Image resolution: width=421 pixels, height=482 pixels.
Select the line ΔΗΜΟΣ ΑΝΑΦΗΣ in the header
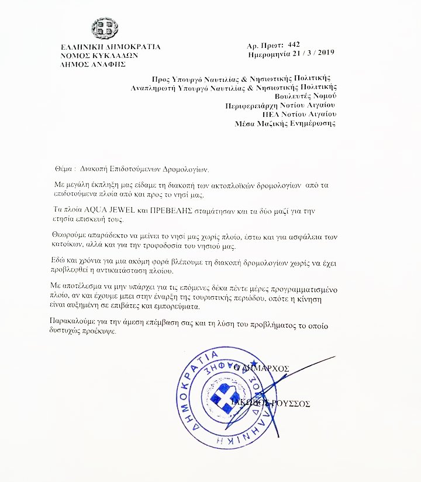point(93,64)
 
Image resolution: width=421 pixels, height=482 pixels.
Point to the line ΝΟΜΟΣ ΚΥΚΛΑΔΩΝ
point(98,56)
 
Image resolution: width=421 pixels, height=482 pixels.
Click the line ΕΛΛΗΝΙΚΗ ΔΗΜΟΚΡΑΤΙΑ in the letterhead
point(110,47)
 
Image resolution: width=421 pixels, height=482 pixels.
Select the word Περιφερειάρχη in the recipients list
point(252,106)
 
